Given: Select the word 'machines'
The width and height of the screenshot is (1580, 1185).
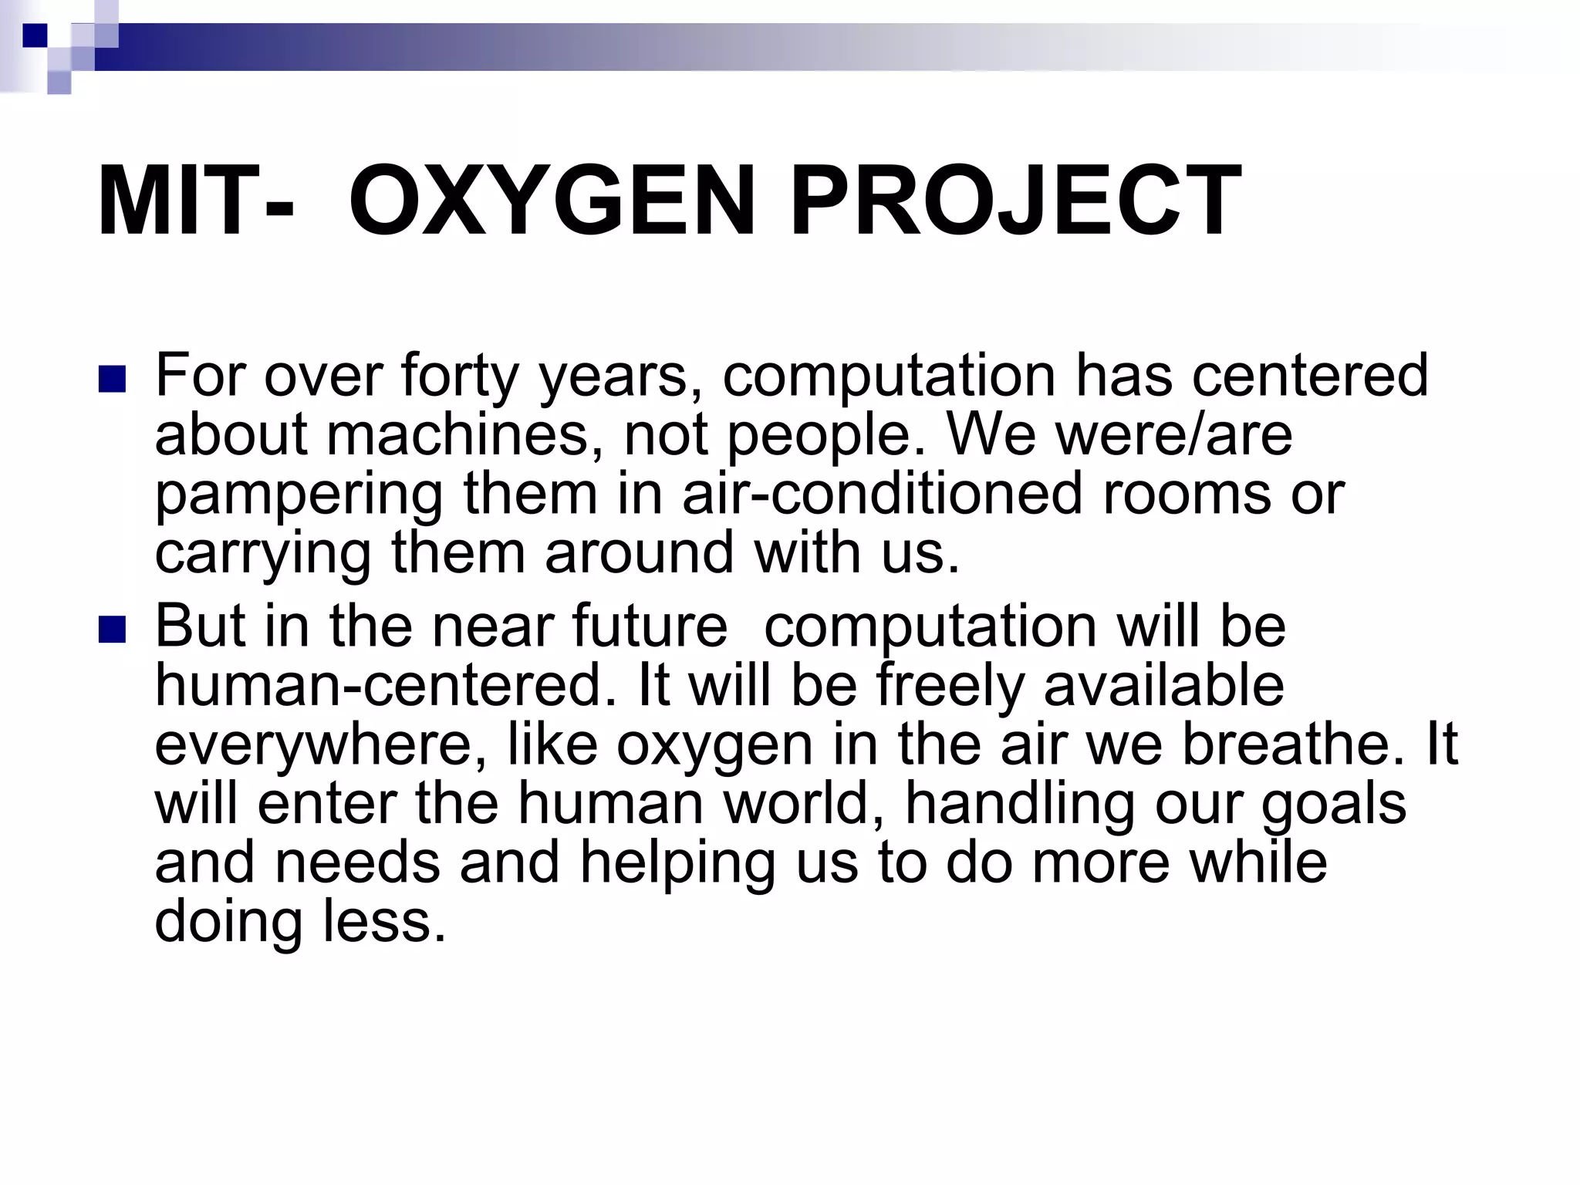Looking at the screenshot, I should pos(464,434).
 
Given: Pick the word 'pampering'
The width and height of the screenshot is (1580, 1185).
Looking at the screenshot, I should pos(299,495).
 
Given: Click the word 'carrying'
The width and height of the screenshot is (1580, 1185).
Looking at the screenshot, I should pos(263,555).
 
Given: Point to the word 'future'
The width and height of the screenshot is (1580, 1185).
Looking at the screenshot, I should pos(650,626).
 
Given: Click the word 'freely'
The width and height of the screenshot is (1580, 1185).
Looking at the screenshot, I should pos(950,687).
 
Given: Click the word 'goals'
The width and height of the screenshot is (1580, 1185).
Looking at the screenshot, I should pos(1334,805).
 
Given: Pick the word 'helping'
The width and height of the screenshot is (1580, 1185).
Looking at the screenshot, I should pos(677,864).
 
